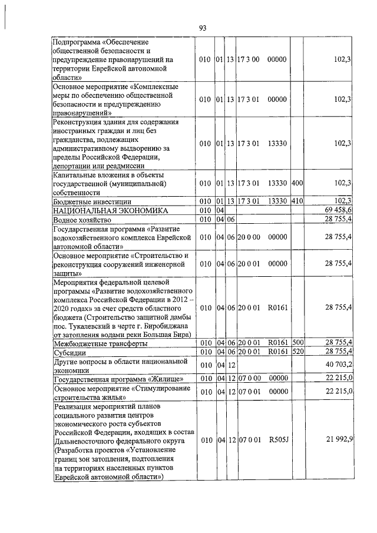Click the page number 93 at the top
203,28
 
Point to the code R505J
276,440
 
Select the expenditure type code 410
297,201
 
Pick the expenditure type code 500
297,343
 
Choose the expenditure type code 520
297,352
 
